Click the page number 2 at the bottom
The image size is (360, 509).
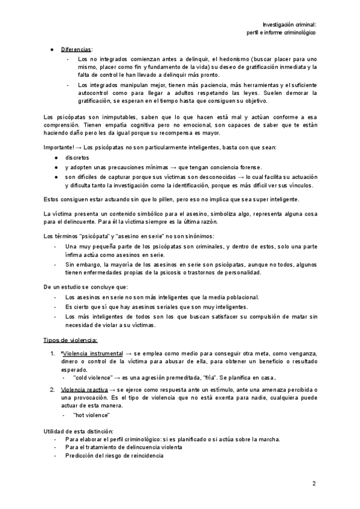click(313, 483)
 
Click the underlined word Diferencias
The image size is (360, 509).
click(76, 49)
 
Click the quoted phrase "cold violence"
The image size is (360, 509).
click(95, 378)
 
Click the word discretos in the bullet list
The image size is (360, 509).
click(77, 157)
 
